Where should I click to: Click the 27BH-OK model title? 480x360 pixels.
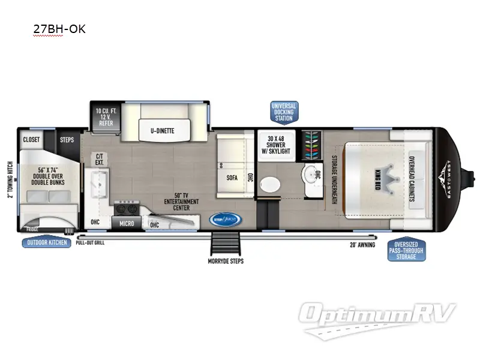(x=59, y=29)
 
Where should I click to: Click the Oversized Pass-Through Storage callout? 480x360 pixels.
(x=406, y=250)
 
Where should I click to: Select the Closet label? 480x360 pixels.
(x=31, y=140)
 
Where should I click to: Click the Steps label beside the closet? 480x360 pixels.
(x=67, y=140)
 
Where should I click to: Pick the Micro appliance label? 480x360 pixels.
(x=126, y=223)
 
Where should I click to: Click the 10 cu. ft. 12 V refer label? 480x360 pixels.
(x=106, y=116)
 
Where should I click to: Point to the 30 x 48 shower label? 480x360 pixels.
(x=279, y=144)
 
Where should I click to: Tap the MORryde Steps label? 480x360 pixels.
(x=226, y=262)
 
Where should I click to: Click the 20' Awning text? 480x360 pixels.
(x=362, y=245)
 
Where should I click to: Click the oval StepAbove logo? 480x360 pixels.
(x=226, y=220)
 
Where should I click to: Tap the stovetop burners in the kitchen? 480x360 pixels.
(x=127, y=208)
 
